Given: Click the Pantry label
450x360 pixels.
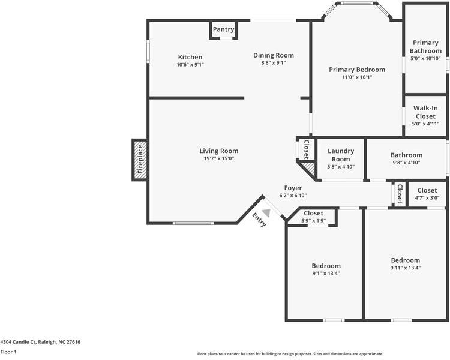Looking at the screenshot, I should pos(223,29).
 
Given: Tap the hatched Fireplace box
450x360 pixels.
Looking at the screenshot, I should pos(140,160).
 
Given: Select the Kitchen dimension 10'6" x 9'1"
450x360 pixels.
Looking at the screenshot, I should pos(190,65).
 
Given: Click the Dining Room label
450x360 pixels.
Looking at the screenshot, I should pos(273,55).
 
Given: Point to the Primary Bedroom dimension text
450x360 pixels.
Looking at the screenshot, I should pos(357,77).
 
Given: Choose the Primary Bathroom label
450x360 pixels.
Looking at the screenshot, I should pos(425,47).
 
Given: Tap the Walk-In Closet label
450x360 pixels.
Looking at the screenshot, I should pos(425,112).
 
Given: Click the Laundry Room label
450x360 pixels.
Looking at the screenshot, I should pos(341,155).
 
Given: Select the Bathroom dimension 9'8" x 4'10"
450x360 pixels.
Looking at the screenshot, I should pos(406,163).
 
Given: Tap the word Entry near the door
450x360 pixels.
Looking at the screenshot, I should pos(259,220).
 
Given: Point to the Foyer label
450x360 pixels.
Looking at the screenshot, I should pos(293,188).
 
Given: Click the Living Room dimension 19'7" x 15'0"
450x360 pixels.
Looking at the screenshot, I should pos(218,159).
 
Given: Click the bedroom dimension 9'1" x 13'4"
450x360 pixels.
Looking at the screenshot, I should pos(326,274).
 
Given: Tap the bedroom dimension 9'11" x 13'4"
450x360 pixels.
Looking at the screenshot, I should pos(406,268).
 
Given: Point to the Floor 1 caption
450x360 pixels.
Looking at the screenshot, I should pos(8,352).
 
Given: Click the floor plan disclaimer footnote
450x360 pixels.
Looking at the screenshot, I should pos(290,354).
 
